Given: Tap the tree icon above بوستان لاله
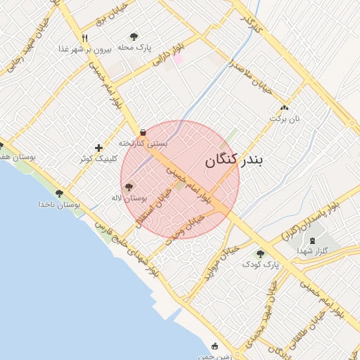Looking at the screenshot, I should (x=128, y=187).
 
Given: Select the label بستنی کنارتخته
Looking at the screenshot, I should (x=143, y=143).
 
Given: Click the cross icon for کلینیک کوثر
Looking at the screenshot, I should (x=98, y=148).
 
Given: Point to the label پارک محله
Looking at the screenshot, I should (x=134, y=47).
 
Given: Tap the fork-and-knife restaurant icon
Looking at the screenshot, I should (x=84, y=38).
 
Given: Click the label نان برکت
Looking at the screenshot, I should (x=284, y=118).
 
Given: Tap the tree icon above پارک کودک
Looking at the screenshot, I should (x=260, y=254).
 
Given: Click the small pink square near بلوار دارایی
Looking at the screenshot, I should (x=179, y=58).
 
